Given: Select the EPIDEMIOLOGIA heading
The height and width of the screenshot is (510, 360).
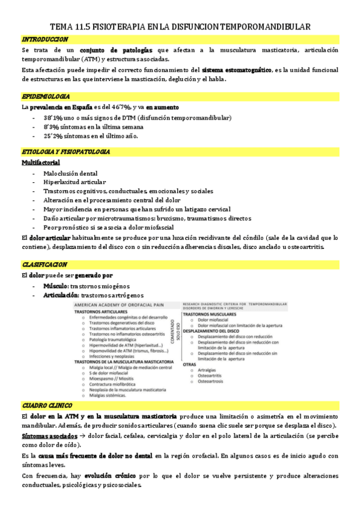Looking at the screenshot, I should coord(45,96).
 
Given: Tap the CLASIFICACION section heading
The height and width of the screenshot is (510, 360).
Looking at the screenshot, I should coord(44,264).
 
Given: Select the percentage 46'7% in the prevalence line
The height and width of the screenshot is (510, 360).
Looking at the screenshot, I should coord(129,107).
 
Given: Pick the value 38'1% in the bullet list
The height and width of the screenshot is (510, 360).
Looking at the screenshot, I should coord(52,118).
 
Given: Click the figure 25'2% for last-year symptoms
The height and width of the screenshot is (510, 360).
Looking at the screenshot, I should coord(52,136).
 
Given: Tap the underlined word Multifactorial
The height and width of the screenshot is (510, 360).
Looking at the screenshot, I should coord(40,162).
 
